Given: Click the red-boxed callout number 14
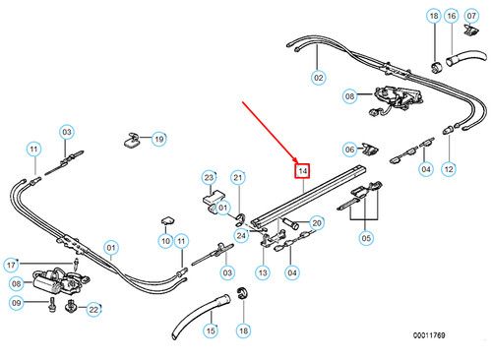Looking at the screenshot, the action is [x=302, y=171].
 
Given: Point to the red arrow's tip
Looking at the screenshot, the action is [x=298, y=163].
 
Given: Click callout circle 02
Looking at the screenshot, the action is [x=318, y=78].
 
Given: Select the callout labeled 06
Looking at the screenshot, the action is [x=349, y=150].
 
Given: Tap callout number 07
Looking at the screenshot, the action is [x=471, y=16].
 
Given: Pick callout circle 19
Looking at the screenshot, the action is [x=159, y=139].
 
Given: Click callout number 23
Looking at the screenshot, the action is [x=209, y=178].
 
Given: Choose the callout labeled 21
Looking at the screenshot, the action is [x=238, y=178].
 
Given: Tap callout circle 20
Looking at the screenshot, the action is [x=317, y=223].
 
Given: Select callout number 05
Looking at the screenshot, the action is [x=366, y=238].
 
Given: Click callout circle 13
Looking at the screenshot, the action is [x=263, y=272].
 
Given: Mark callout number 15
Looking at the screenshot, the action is [x=211, y=330].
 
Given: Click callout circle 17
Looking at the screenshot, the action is [x=11, y=265].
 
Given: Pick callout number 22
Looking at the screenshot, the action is [x=93, y=310].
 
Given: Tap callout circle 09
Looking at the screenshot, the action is [x=16, y=303].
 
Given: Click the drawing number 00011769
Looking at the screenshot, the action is [x=429, y=335].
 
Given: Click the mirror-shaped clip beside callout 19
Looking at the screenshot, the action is [x=131, y=141].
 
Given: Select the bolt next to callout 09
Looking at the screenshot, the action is [x=52, y=305].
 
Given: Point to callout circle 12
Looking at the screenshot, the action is [x=449, y=169].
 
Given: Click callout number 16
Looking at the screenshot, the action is [x=452, y=16].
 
